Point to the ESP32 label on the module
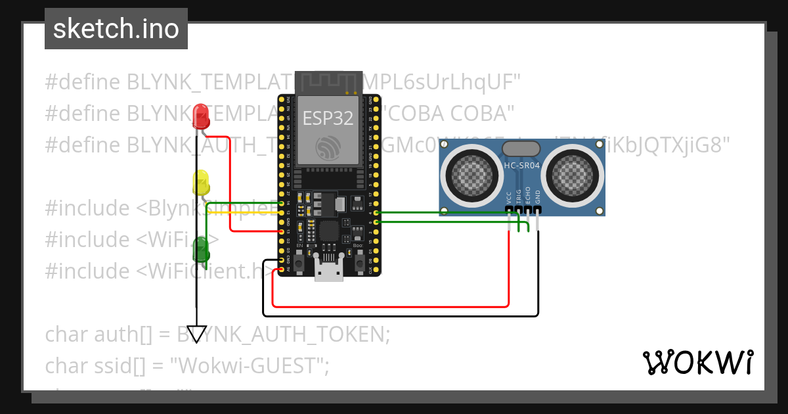pyautogui.click(x=328, y=118)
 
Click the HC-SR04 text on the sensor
pyautogui.click(x=521, y=166)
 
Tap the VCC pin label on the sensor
pyautogui.click(x=509, y=197)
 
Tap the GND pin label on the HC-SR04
pyautogui.click(x=537, y=197)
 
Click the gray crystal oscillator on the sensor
pyautogui.click(x=521, y=149)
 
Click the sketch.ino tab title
pyautogui.click(x=116, y=29)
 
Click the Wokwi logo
pyautogui.click(x=697, y=362)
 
